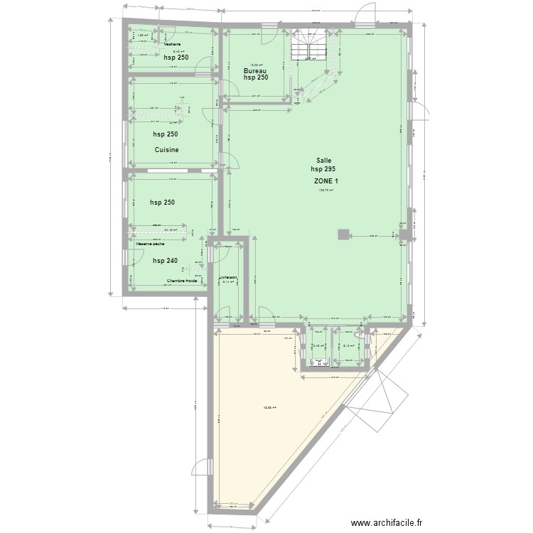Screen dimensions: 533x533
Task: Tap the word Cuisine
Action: point(166,150)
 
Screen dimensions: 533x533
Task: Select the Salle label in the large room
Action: point(323,161)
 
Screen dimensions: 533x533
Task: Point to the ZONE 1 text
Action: point(326,181)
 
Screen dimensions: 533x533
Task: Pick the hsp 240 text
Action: point(164,261)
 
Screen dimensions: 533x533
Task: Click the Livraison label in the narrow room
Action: point(227,277)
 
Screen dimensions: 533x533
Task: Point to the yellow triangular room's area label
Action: point(269,408)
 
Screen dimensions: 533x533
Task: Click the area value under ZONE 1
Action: point(326,190)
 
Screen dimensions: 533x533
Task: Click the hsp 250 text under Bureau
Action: point(255,77)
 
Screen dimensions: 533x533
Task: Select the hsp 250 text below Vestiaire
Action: point(175,58)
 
